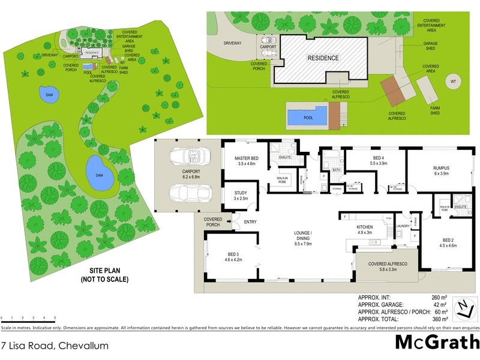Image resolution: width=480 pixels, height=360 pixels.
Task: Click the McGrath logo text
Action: point(437,342)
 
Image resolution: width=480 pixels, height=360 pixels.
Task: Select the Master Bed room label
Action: point(246,160)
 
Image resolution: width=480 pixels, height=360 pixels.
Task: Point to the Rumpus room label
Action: point(442,170)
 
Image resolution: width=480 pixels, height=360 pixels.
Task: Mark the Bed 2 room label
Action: point(448,242)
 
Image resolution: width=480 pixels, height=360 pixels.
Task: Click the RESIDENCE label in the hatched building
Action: point(323,58)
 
